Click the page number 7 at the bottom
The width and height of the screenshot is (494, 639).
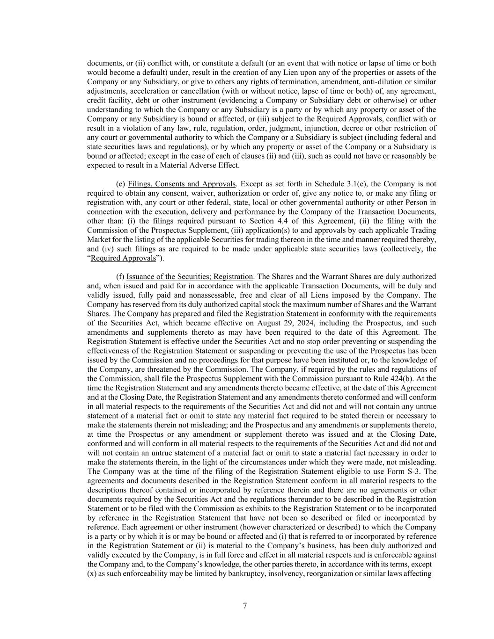click(x=245, y=606)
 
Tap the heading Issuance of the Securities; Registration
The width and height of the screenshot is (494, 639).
click(x=190, y=277)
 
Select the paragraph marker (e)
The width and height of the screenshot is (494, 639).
click(x=120, y=184)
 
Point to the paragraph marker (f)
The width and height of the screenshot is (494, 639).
click(x=120, y=277)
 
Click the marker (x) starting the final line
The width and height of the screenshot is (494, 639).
click(x=92, y=573)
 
